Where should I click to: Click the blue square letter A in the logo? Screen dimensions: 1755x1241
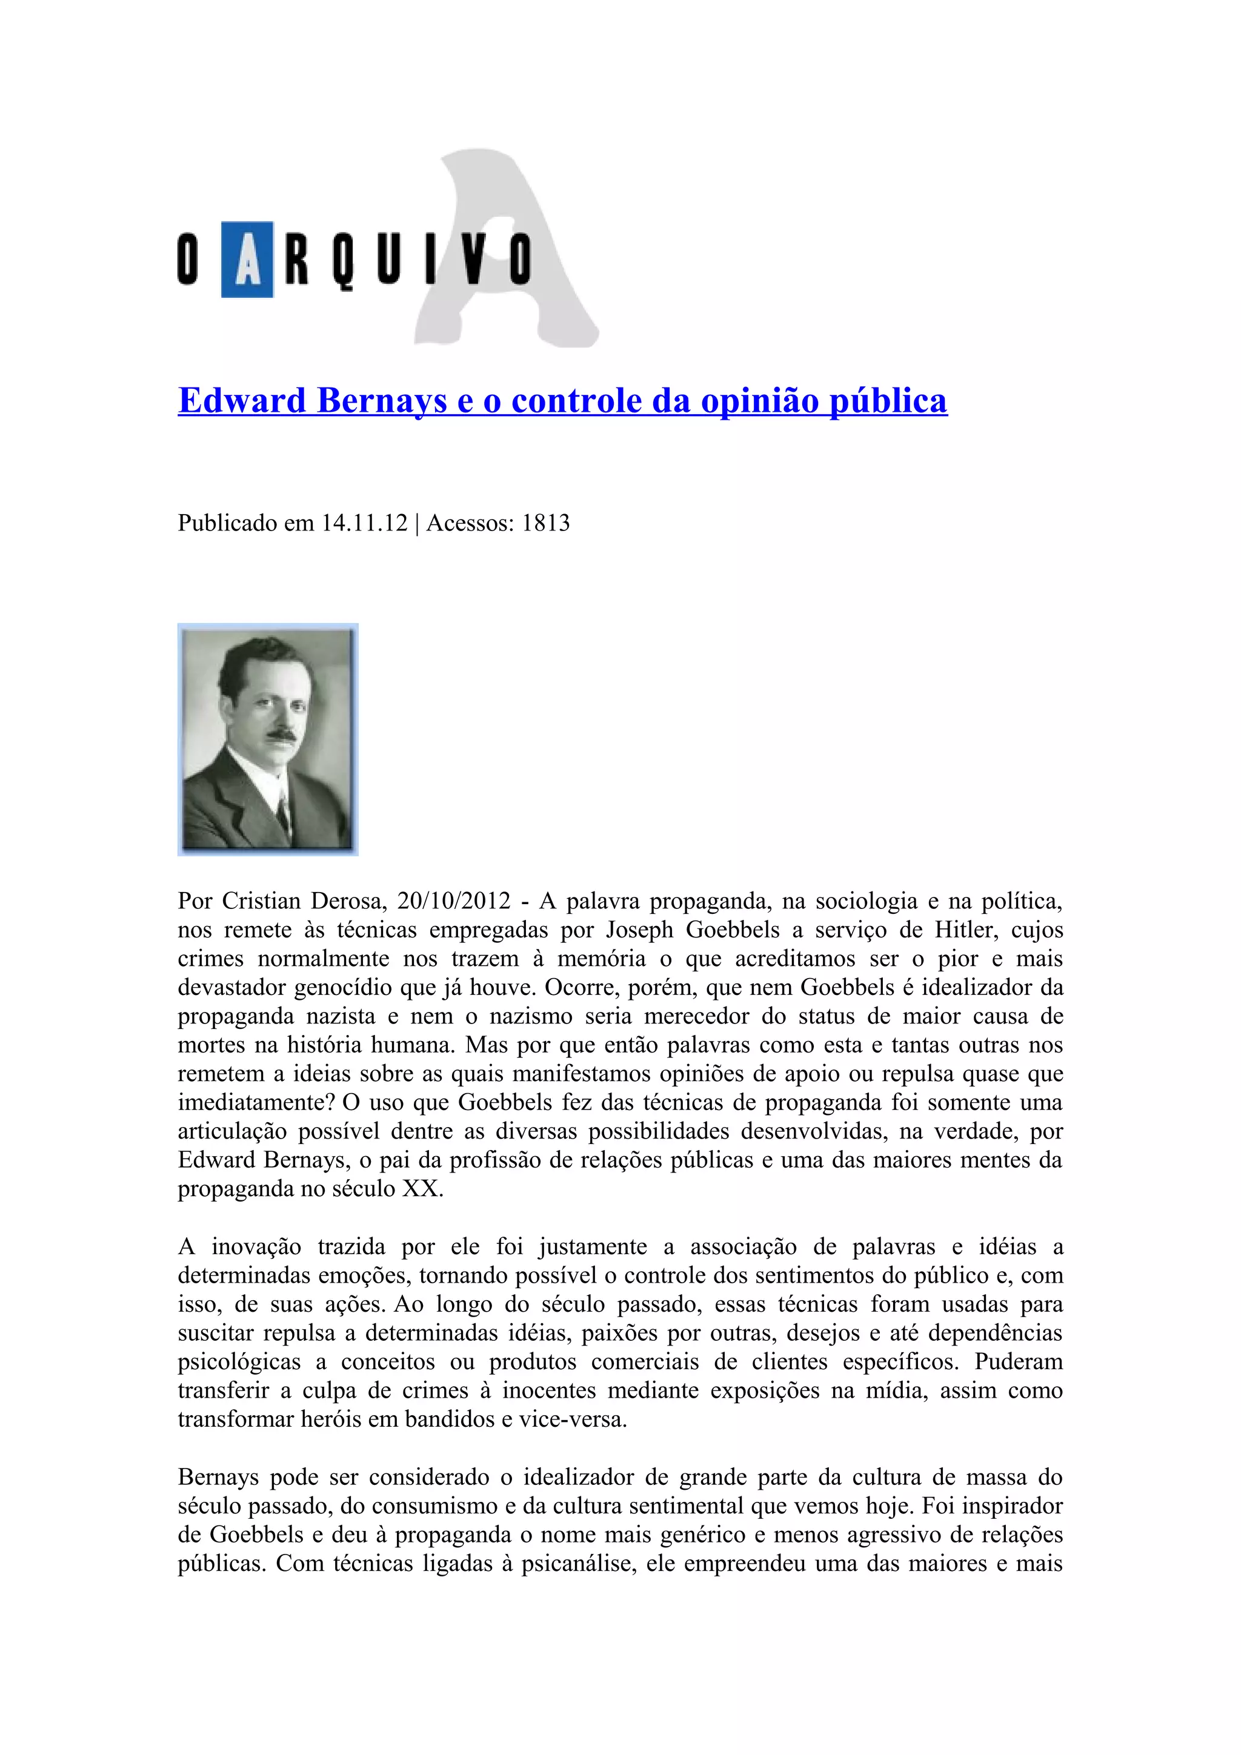point(247,259)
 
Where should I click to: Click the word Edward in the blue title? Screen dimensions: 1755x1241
point(242,400)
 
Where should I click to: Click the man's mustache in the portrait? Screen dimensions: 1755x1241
point(281,735)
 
